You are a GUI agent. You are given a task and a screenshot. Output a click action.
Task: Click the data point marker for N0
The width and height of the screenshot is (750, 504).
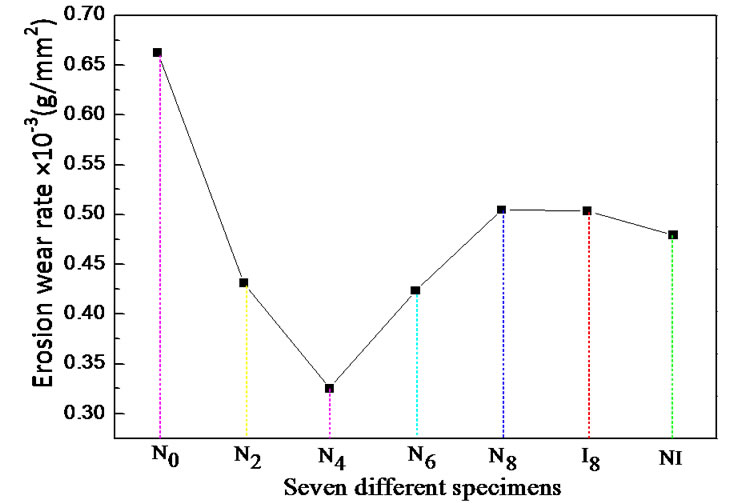(157, 52)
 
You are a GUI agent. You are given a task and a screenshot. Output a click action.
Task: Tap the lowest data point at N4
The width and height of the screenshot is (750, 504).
(330, 388)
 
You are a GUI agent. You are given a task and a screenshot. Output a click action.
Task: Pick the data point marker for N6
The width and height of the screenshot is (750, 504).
(415, 291)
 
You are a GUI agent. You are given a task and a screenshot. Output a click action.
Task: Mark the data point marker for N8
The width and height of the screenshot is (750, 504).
(502, 210)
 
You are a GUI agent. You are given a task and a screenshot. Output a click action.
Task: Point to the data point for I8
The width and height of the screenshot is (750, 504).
(587, 211)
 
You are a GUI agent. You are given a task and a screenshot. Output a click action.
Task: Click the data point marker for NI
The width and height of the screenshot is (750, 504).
(673, 235)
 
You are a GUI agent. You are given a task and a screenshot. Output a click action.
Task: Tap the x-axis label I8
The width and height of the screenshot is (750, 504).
(588, 456)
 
